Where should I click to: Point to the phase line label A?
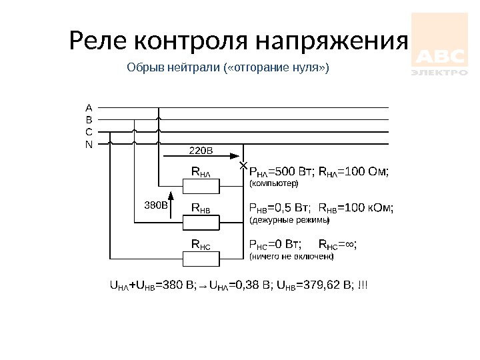point(89,107)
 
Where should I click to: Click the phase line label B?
point(89,119)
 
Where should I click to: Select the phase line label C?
point(89,131)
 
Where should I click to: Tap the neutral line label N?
point(89,143)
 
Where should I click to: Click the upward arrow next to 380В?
point(170,203)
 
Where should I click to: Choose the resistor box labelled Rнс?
point(201,246)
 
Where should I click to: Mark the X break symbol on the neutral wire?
point(243,164)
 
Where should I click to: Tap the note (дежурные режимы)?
point(289,219)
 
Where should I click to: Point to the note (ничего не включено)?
point(291,255)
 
